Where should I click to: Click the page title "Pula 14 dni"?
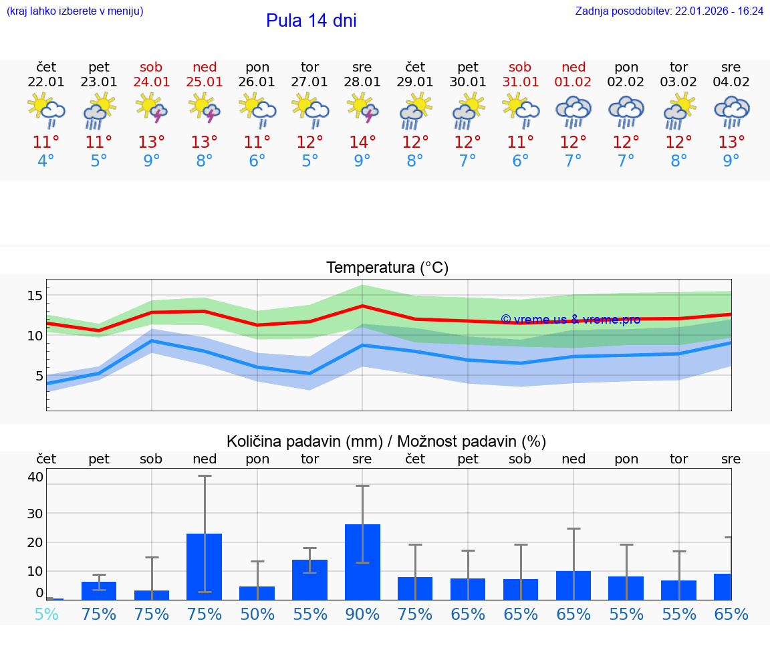click(x=311, y=21)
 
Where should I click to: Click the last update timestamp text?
click(x=669, y=11)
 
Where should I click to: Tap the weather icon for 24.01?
click(x=152, y=109)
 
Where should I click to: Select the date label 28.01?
click(x=362, y=82)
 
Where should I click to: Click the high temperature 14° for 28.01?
click(x=362, y=142)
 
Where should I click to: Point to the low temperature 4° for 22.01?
click(x=46, y=161)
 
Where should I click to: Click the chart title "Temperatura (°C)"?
click(x=387, y=268)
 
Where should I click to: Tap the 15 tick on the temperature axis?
click(x=35, y=296)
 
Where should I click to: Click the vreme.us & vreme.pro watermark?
click(x=570, y=320)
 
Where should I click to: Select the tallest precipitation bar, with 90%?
click(x=362, y=562)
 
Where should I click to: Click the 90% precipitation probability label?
click(x=362, y=614)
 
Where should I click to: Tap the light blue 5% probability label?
click(x=46, y=614)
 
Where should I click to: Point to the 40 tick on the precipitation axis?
click(x=35, y=477)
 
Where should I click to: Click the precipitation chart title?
click(x=386, y=441)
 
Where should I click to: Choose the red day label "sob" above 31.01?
click(x=520, y=67)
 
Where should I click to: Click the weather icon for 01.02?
click(x=573, y=111)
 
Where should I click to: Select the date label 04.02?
click(x=731, y=82)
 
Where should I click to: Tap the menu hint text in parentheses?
click(x=75, y=11)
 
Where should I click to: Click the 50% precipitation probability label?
click(x=257, y=614)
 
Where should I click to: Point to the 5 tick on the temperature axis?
click(x=39, y=376)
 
